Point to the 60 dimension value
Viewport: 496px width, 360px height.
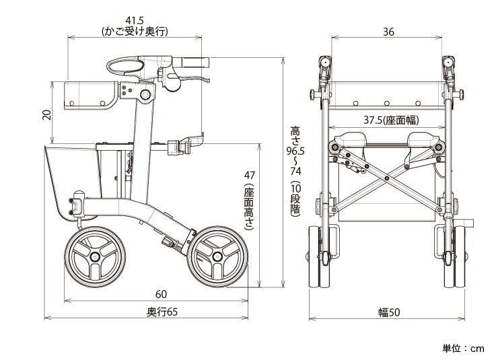[160, 294]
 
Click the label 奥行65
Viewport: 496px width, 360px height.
[162, 312]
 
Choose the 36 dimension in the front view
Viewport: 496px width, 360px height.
[388, 32]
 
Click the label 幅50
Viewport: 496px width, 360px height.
[389, 312]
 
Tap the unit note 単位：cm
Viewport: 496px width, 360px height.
[463, 349]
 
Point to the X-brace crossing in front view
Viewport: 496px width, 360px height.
[388, 175]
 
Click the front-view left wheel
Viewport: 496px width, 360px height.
[320, 256]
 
